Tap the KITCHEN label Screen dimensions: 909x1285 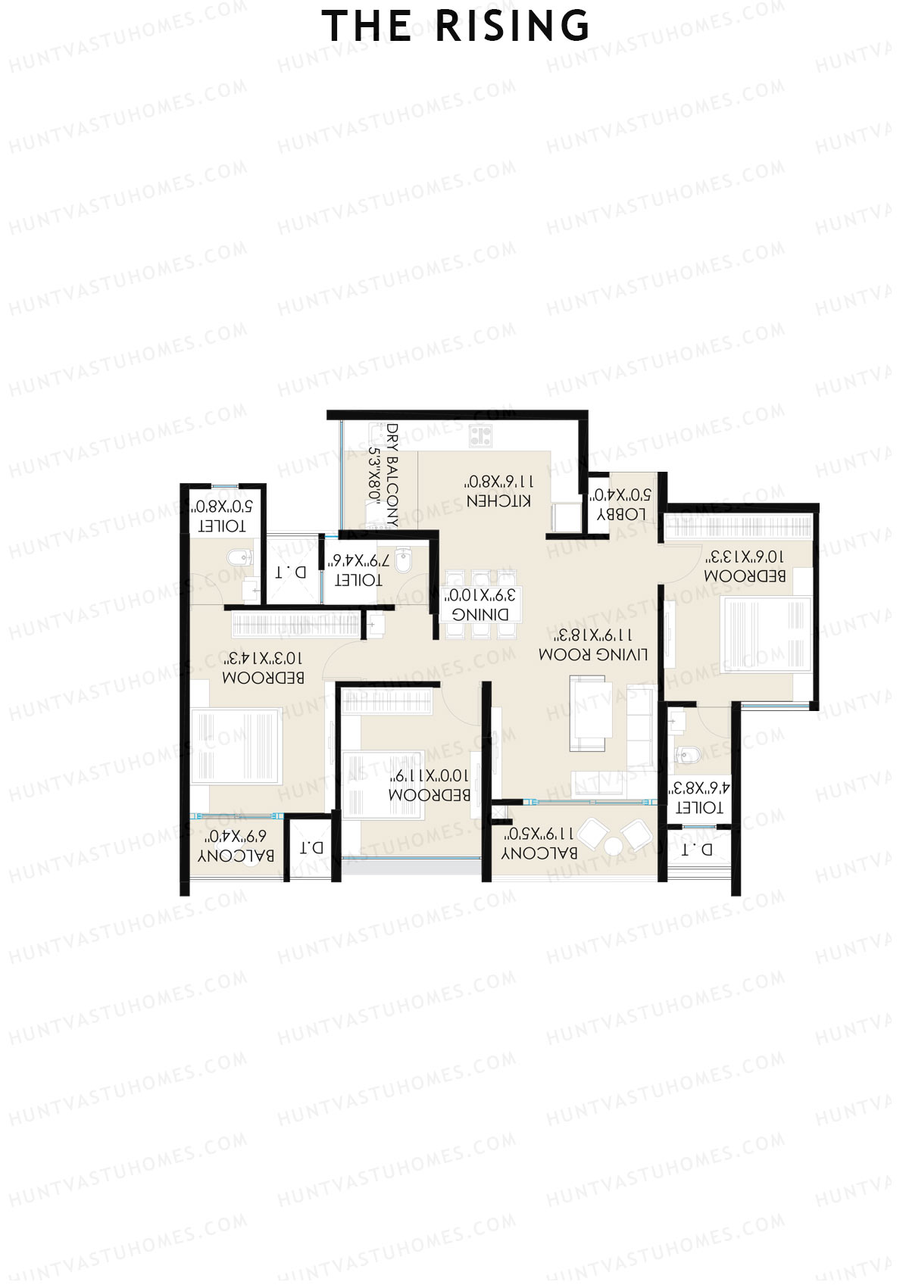(498, 501)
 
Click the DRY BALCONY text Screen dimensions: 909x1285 (392, 475)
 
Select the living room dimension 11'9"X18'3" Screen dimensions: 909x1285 (595, 635)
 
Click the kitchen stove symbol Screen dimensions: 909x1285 (480, 435)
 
